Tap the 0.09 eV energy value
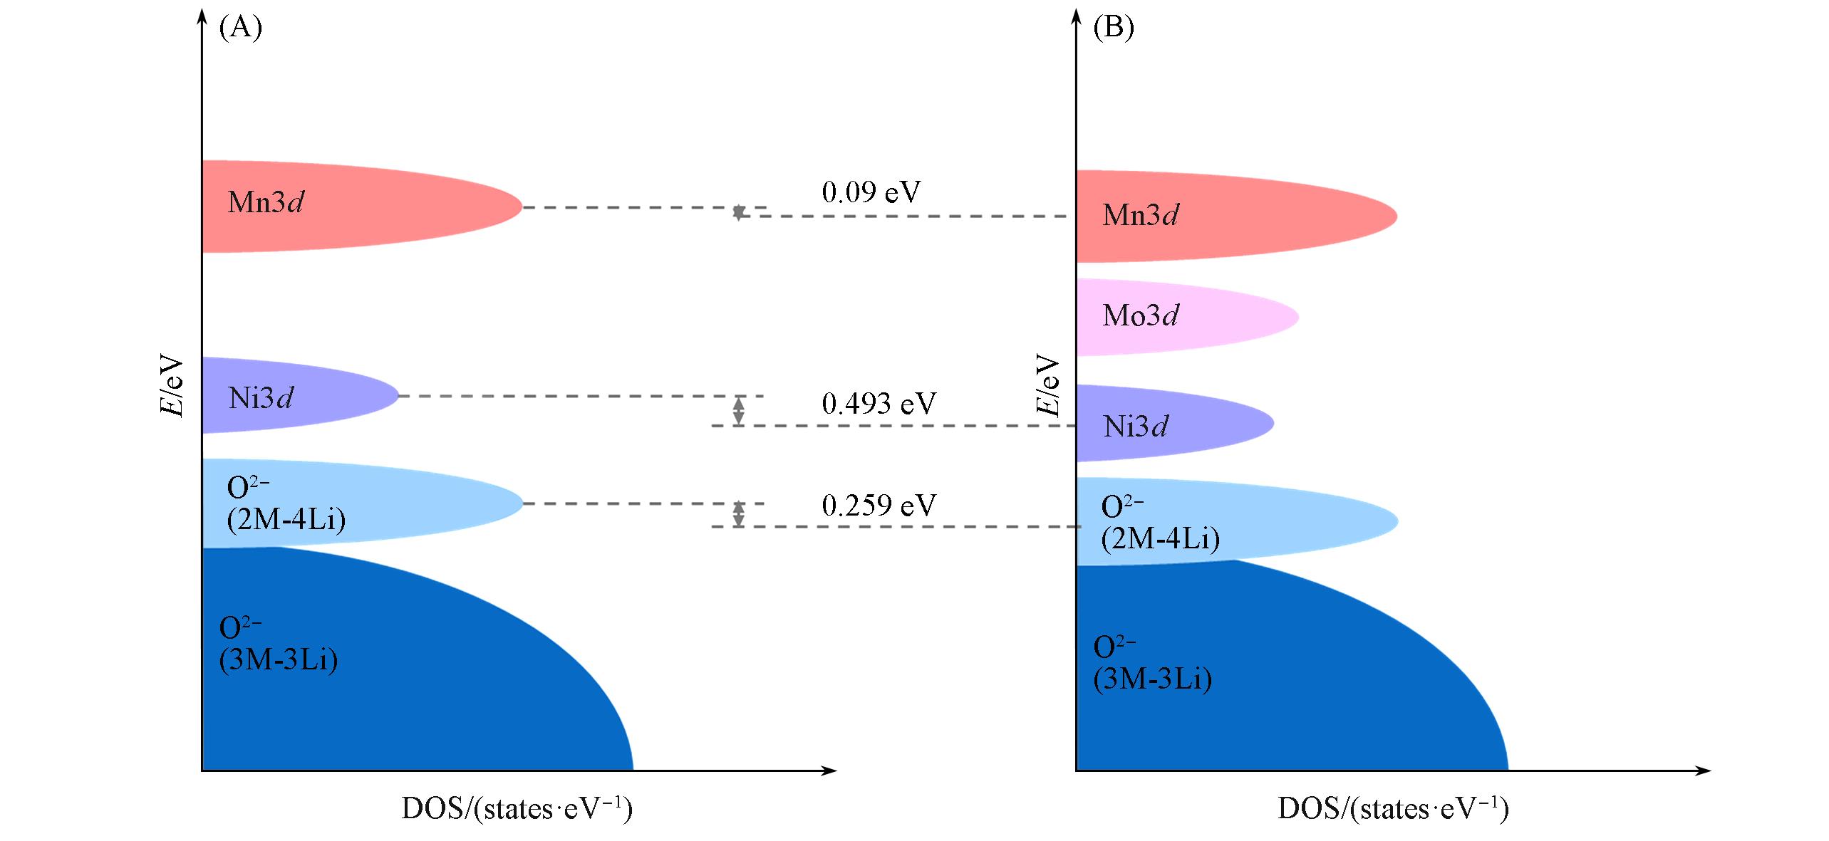coord(871,192)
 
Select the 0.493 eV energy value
coord(879,404)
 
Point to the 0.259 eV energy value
coord(879,505)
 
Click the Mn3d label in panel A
coord(266,203)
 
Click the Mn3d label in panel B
coord(1140,215)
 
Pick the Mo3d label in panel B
coord(1140,315)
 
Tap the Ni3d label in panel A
coord(261,399)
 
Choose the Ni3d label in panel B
coord(1136,427)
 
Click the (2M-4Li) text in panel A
coord(286,521)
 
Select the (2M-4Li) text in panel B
coord(1160,540)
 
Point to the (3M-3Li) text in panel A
coord(279,661)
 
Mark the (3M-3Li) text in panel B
coord(1152,679)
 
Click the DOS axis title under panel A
coord(517,810)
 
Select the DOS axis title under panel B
coord(1393,810)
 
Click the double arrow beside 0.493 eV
coord(739,411)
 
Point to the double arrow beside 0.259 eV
coord(739,515)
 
